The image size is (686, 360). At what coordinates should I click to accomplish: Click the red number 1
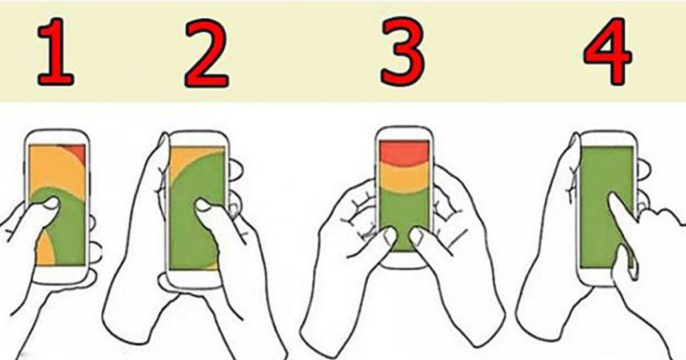(56, 52)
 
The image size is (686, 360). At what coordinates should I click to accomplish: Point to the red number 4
(608, 51)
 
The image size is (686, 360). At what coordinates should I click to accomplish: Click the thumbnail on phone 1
(51, 203)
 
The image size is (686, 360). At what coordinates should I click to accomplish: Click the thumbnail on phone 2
(202, 205)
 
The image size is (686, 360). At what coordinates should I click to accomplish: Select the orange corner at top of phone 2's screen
(184, 162)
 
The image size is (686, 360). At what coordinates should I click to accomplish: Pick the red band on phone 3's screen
(404, 153)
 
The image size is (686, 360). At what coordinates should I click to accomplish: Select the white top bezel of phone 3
(404, 134)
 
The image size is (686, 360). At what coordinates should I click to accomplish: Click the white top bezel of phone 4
(608, 139)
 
